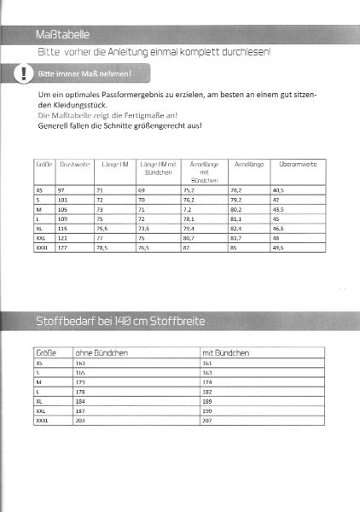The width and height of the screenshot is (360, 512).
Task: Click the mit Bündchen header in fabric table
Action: (x=224, y=352)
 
